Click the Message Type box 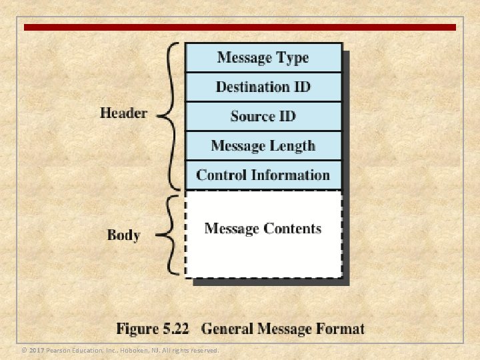pyautogui.click(x=263, y=57)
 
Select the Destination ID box pyautogui.click(x=263, y=87)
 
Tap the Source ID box pyautogui.click(x=263, y=116)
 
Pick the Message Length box pyautogui.click(x=263, y=145)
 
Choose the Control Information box pyautogui.click(x=263, y=175)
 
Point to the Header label pyautogui.click(x=123, y=113)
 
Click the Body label pyautogui.click(x=123, y=235)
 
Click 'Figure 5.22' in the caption pyautogui.click(x=153, y=328)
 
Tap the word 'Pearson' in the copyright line pyautogui.click(x=59, y=351)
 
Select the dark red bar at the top pyautogui.click(x=240, y=27)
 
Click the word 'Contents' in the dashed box pyautogui.click(x=292, y=229)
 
